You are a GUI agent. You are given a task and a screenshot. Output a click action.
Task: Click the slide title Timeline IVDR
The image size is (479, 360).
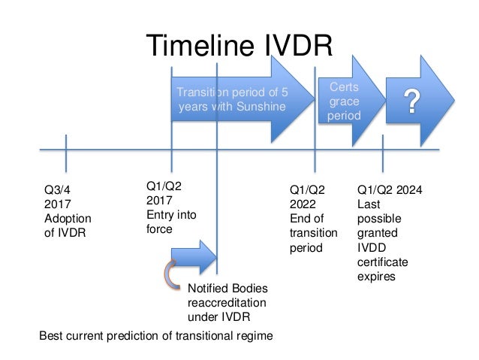click(x=239, y=46)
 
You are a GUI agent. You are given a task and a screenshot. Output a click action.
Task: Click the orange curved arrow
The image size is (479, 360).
click(x=170, y=272)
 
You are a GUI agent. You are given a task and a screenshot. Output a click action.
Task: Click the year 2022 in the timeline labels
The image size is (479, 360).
click(x=303, y=204)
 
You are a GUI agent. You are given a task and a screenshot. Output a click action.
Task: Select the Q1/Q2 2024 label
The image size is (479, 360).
click(x=390, y=190)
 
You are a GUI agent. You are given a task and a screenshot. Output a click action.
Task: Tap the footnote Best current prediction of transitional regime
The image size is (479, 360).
click(x=155, y=335)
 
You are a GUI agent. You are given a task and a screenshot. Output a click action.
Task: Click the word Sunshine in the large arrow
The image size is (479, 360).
click(x=259, y=107)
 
